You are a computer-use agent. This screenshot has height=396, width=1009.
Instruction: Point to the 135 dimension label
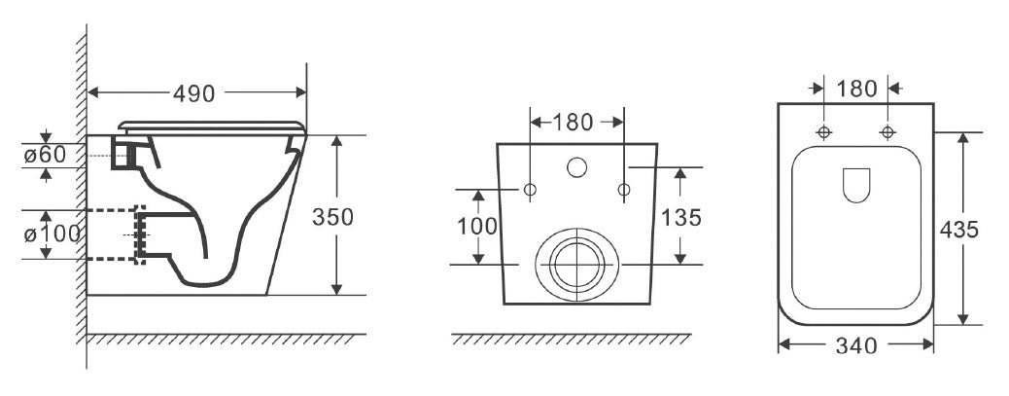[x=679, y=217]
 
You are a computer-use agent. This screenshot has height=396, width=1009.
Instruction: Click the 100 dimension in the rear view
[x=477, y=227]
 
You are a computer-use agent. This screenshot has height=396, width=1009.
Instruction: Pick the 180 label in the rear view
[x=575, y=123]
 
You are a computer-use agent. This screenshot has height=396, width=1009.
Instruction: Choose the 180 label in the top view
[x=856, y=89]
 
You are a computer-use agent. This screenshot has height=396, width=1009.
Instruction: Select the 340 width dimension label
[x=855, y=345]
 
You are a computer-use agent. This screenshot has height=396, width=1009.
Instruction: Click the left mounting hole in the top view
[x=824, y=132]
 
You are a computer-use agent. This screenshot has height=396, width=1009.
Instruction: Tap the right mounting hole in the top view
[x=887, y=132]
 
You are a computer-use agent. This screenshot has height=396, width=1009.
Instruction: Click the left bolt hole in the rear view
[x=531, y=189]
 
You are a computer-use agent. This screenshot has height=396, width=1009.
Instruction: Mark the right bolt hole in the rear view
[x=624, y=189]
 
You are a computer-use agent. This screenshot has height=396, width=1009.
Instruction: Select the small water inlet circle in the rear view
[x=576, y=168]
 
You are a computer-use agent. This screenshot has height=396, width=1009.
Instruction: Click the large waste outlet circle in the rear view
[x=576, y=262]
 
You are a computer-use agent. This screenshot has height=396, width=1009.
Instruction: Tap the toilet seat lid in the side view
[x=211, y=126]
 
